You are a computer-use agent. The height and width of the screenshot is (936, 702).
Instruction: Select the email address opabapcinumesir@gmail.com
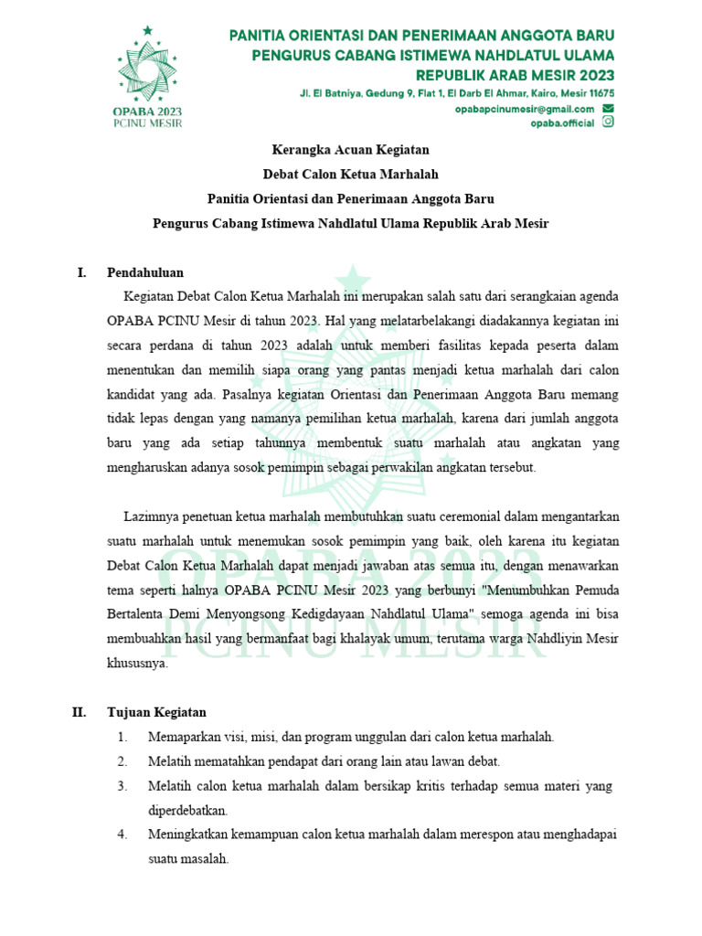click(524, 109)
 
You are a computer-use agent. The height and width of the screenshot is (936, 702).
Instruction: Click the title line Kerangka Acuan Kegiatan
click(350, 149)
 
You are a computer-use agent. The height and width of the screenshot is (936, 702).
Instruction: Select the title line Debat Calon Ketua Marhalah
click(350, 174)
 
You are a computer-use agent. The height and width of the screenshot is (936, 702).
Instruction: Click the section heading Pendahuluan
click(145, 272)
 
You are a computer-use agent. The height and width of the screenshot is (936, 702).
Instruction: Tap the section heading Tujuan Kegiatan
click(156, 712)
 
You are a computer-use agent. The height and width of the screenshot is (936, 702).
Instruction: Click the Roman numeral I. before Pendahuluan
click(81, 272)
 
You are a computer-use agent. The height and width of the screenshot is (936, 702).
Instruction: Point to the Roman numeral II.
click(80, 712)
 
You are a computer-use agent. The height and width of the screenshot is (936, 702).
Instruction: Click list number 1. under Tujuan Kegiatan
click(122, 737)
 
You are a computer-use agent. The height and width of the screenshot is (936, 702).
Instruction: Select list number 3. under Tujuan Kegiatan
click(122, 786)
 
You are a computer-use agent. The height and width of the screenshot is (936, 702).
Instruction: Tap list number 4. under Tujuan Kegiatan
click(122, 835)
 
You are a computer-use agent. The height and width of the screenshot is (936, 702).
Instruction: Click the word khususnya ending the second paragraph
click(137, 665)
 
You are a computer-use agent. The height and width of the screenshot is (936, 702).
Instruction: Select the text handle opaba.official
click(562, 124)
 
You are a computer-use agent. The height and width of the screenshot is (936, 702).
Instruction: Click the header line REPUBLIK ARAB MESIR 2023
click(515, 74)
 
